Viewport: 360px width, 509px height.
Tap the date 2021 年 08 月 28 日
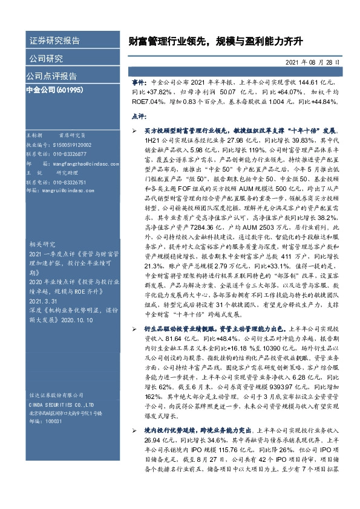(x=312, y=62)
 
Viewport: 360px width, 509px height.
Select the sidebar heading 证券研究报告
(x=54, y=41)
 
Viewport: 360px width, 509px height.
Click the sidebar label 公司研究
(x=46, y=59)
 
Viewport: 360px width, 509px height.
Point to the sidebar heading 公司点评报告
(x=51, y=76)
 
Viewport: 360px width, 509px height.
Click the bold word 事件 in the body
(x=139, y=80)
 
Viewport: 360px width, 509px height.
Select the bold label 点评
(x=138, y=115)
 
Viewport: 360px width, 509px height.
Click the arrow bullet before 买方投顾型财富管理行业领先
(x=135, y=131)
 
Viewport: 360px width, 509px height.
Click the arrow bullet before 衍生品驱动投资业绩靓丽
(x=135, y=327)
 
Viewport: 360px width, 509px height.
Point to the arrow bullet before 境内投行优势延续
(x=135, y=429)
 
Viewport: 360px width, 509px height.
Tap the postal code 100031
(x=54, y=421)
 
